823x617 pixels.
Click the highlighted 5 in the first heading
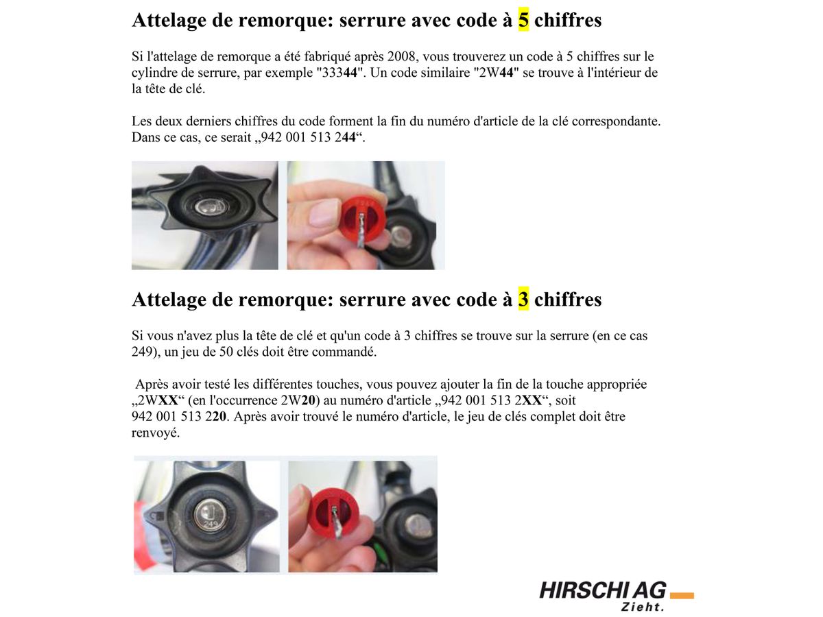[x=523, y=20]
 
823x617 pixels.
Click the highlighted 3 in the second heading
[x=523, y=300]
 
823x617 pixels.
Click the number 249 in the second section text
[x=142, y=352]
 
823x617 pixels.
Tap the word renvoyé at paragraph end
[x=156, y=433]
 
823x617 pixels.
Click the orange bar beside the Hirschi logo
[x=682, y=595]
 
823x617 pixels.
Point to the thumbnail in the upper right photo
[x=322, y=213]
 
